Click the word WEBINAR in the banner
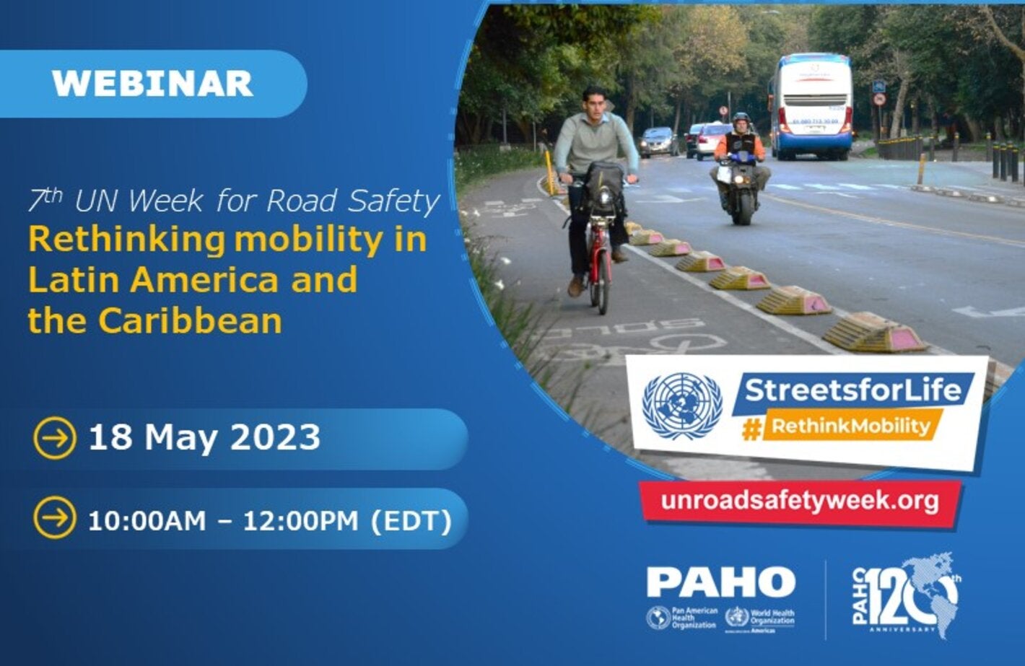(152, 84)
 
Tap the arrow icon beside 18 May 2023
(54, 438)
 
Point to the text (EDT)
(411, 520)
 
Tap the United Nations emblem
(681, 406)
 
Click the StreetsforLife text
(853, 390)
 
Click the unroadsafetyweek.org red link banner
(799, 501)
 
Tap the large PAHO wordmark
(720, 582)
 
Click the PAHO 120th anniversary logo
(907, 596)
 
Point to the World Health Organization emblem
(736, 618)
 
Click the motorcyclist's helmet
(741, 119)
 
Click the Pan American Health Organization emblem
(658, 618)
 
